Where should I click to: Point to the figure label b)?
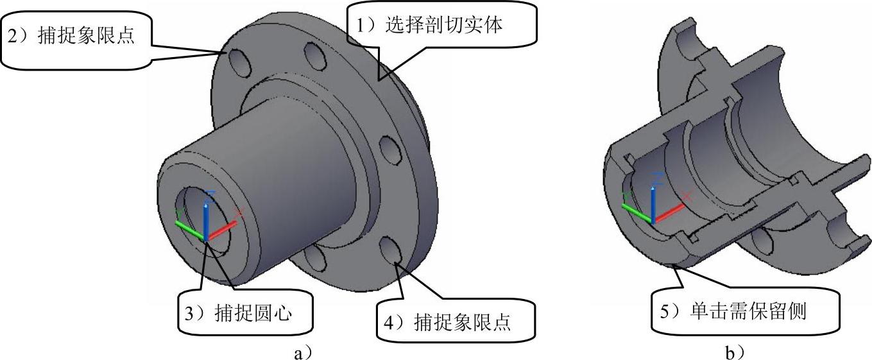736,352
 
